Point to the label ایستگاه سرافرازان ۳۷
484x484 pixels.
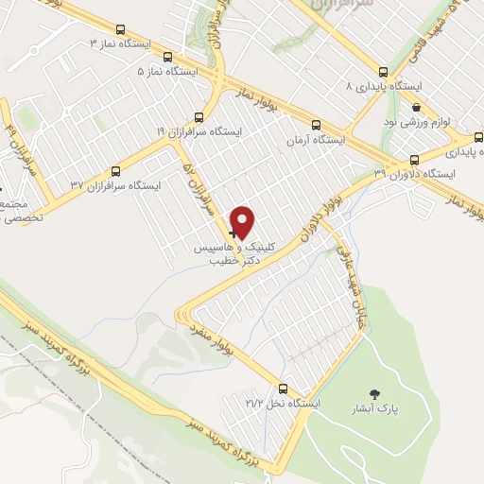116,186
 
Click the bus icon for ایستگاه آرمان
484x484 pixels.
316,124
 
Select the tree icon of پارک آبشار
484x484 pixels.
377,393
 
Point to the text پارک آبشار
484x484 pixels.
392,410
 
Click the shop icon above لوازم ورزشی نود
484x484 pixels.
416,109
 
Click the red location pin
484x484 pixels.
244,221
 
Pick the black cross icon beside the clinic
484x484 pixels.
234,233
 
